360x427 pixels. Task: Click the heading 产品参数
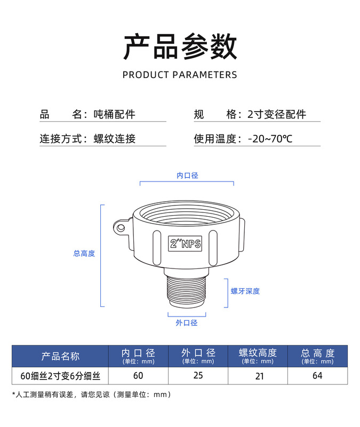pyautogui.click(x=180, y=46)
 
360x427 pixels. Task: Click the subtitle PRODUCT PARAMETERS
pyautogui.click(x=180, y=75)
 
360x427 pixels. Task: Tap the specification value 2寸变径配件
pyautogui.click(x=277, y=114)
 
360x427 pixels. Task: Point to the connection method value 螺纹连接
pyautogui.click(x=115, y=139)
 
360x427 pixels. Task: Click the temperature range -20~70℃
pyautogui.click(x=270, y=139)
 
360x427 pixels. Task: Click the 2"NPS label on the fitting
pyautogui.click(x=185, y=244)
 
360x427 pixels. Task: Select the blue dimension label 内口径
pyautogui.click(x=187, y=175)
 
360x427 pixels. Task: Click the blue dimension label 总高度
pyautogui.click(x=84, y=254)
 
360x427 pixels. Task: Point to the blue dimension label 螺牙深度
pyautogui.click(x=245, y=291)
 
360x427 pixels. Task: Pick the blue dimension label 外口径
pyautogui.click(x=187, y=323)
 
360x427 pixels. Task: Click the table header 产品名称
pyautogui.click(x=60, y=356)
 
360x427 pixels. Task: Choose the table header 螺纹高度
pyautogui.click(x=258, y=353)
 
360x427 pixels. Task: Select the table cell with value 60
pyautogui.click(x=138, y=375)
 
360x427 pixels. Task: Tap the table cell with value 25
pyautogui.click(x=198, y=375)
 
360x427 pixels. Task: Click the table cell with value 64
pyautogui.click(x=317, y=375)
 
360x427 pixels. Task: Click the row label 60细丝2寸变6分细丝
pyautogui.click(x=60, y=376)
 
